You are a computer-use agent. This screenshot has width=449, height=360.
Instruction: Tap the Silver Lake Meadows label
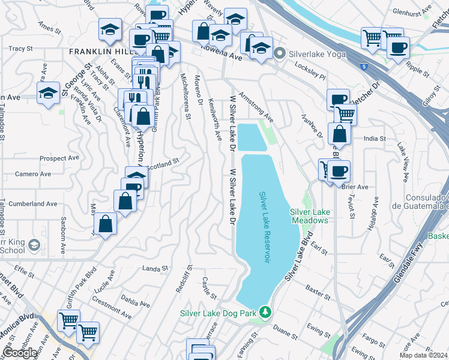point(309,216)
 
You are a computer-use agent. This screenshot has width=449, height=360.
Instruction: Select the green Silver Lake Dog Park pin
point(265,313)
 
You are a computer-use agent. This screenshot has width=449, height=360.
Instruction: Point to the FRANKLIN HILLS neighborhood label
point(100,52)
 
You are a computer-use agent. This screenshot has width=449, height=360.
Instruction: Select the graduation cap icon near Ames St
point(110,31)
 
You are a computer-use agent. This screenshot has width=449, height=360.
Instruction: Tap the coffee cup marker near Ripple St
point(398,47)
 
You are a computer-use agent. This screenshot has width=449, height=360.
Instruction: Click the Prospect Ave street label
point(59,158)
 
